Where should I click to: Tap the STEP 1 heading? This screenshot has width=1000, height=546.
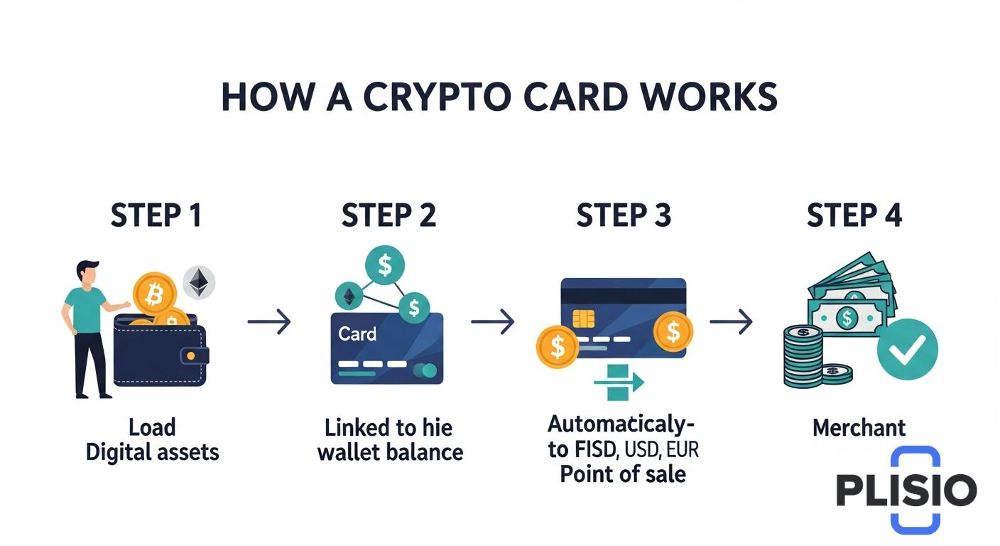click(x=156, y=215)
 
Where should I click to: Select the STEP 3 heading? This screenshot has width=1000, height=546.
click(x=624, y=215)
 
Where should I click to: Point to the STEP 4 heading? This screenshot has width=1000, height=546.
click(x=854, y=215)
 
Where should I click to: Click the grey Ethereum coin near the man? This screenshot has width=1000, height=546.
click(x=200, y=282)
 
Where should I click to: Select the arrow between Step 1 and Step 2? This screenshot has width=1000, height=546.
click(x=269, y=322)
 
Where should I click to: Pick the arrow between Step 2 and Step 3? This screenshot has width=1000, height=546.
click(x=493, y=322)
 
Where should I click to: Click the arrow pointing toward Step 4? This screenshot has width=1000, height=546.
click(x=731, y=322)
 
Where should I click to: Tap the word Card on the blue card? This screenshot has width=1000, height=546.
click(x=357, y=333)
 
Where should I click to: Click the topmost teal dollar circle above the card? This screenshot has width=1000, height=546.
click(x=385, y=265)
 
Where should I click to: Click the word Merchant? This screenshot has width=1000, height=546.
click(x=859, y=428)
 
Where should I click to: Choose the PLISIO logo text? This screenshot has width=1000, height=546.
click(x=906, y=490)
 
